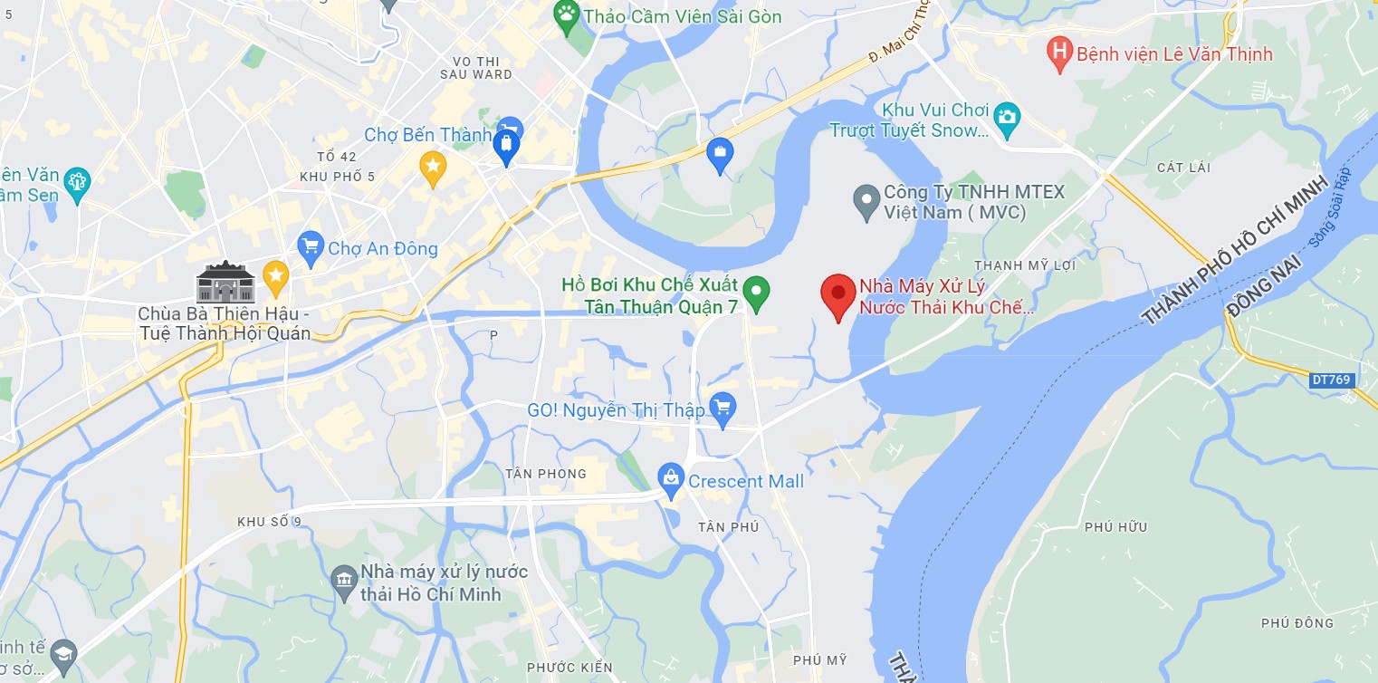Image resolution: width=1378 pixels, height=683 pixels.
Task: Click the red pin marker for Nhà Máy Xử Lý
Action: click(838, 295)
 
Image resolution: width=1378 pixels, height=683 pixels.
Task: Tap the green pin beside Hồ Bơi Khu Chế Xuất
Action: click(756, 293)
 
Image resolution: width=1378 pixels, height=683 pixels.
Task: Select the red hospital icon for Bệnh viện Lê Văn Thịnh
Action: click(1058, 53)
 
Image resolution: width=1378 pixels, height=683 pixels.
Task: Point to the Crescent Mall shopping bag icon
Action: click(671, 480)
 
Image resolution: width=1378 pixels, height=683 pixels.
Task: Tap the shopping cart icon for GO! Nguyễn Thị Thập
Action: click(722, 409)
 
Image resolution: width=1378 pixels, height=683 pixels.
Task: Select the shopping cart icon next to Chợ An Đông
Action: click(311, 247)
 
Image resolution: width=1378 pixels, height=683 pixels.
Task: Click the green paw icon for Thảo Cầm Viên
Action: click(567, 16)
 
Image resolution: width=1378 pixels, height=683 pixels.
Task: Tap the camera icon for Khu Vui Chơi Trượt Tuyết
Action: click(1006, 118)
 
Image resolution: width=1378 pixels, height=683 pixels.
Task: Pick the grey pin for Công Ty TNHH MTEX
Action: click(866, 201)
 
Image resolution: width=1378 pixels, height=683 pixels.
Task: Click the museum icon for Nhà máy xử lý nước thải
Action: click(344, 582)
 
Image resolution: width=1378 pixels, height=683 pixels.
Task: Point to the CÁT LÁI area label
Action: click(1184, 168)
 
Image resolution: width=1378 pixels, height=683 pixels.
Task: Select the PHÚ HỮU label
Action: click(1115, 527)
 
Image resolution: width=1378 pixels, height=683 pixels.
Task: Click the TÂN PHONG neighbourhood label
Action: click(546, 474)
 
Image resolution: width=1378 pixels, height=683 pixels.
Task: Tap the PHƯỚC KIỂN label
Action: click(569, 668)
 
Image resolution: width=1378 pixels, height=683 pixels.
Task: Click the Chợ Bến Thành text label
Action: click(427, 135)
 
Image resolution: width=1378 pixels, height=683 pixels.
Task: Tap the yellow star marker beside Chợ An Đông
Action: click(275, 273)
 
